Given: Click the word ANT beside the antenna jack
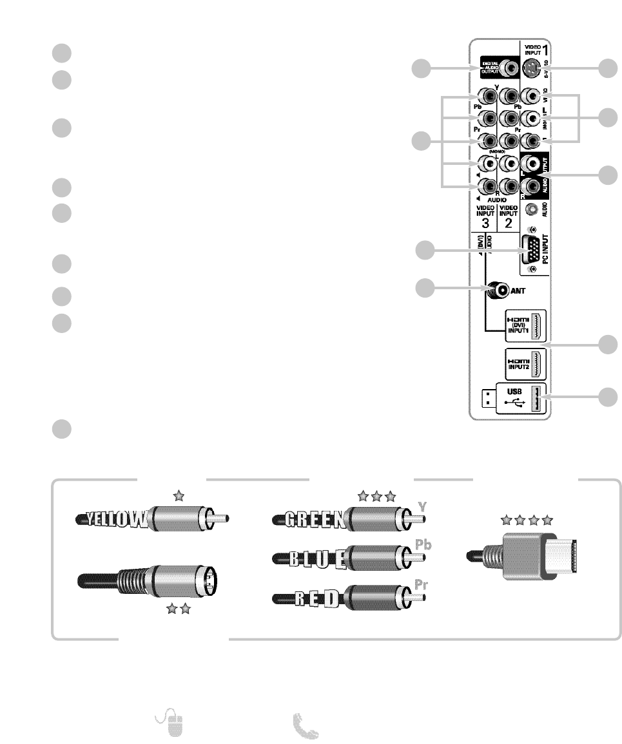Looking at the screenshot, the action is click(520, 291).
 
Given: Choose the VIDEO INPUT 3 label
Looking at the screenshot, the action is click(484, 217).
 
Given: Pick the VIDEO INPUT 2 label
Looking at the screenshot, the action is click(508, 217).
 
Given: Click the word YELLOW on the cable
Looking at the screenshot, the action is click(113, 519).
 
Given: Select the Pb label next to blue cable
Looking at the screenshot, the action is click(423, 544).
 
